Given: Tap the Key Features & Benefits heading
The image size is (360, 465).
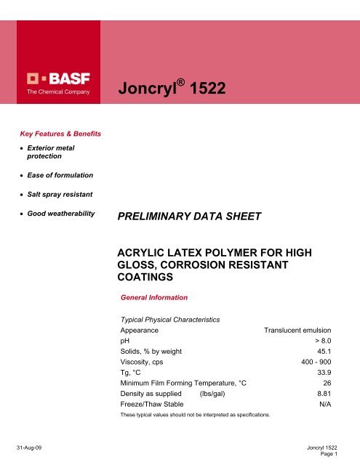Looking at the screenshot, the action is coord(60,134).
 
